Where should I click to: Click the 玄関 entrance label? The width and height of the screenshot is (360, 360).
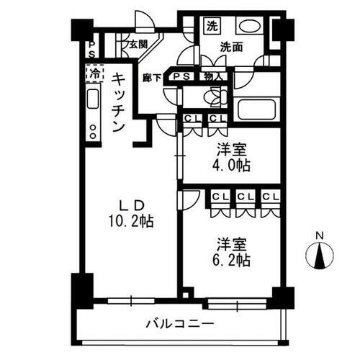[138, 44]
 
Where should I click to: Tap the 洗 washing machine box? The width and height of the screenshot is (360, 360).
[212, 27]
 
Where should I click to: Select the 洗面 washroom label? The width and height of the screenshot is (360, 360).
[230, 48]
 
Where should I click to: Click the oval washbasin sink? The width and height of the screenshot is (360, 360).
[249, 27]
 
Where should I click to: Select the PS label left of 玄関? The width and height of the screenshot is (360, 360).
[92, 48]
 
